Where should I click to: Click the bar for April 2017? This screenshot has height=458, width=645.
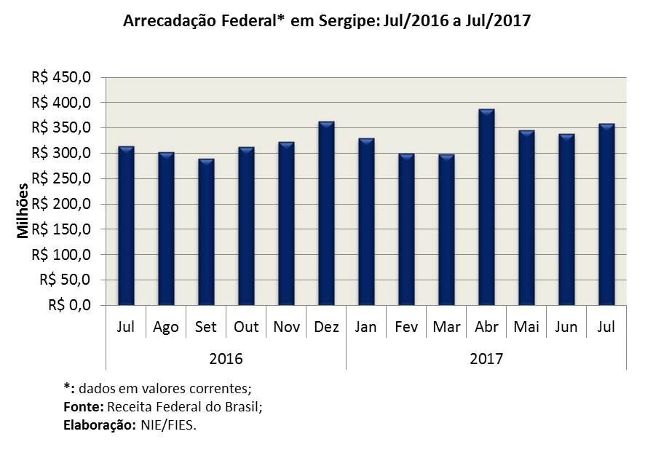[x=486, y=208]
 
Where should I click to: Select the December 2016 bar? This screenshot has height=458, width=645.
[x=326, y=213]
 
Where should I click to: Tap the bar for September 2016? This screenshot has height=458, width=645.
[x=206, y=232]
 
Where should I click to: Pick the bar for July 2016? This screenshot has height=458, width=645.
[x=126, y=226]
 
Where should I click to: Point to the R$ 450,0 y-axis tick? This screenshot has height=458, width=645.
[x=62, y=77]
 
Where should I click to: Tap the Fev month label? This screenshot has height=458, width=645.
[x=405, y=327]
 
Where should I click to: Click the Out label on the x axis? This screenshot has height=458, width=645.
[x=246, y=327]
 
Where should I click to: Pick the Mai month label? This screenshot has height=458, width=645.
[x=526, y=327]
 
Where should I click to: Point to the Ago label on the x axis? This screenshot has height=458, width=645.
[x=166, y=327]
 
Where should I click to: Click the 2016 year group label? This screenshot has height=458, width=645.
[x=226, y=359]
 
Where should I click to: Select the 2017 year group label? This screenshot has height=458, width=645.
[x=486, y=359]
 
